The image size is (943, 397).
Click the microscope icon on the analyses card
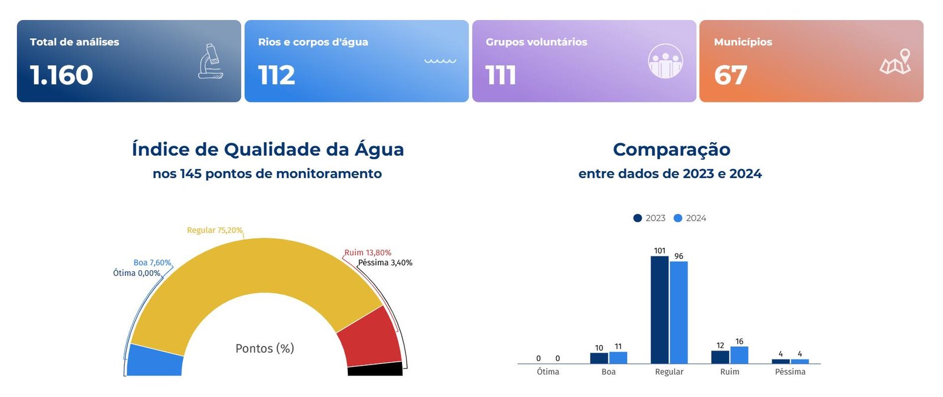point(210,61)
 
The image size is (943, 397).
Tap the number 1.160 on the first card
point(61,76)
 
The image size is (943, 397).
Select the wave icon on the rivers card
point(440,60)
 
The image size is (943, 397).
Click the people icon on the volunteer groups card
point(665,61)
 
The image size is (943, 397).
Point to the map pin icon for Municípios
point(895,62)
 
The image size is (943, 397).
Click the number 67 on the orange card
point(730,76)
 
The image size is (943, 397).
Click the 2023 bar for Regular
point(660,310)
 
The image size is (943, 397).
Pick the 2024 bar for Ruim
point(739,355)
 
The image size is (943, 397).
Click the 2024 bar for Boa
point(618,357)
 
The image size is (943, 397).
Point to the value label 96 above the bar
point(679,256)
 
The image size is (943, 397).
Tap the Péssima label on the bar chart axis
point(790,372)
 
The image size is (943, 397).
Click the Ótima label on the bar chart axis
point(548,372)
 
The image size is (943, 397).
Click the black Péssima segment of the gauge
point(375,370)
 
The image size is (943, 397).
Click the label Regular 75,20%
point(215,230)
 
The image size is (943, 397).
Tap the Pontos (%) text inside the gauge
point(265,349)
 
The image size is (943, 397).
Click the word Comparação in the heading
point(671,149)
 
